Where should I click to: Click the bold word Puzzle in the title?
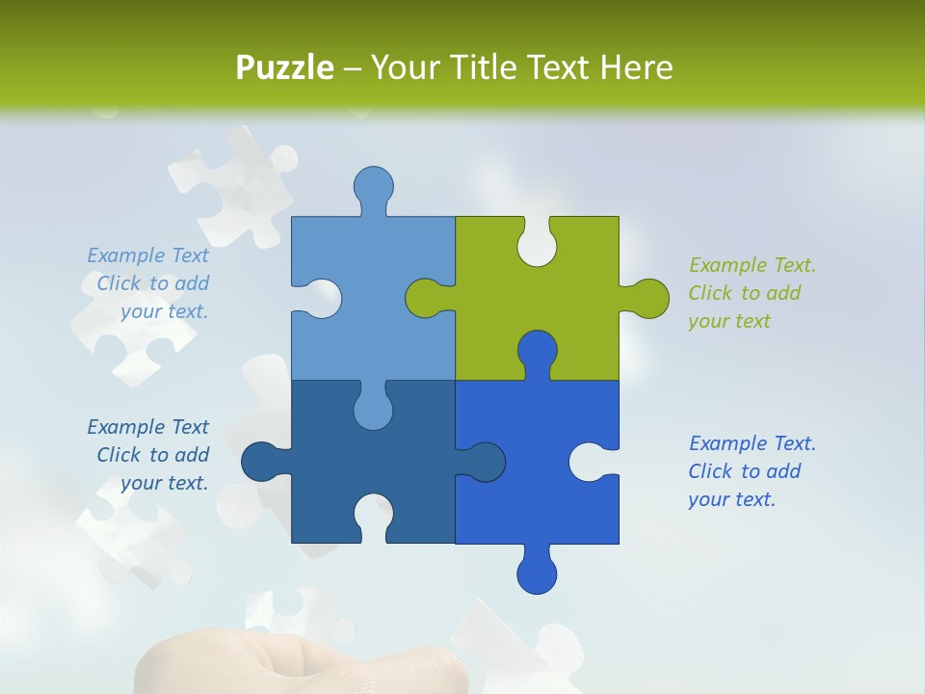tap(285, 67)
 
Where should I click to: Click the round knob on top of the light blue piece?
tap(373, 185)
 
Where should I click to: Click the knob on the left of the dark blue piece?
tap(260, 462)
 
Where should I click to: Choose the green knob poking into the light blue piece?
tap(424, 298)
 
